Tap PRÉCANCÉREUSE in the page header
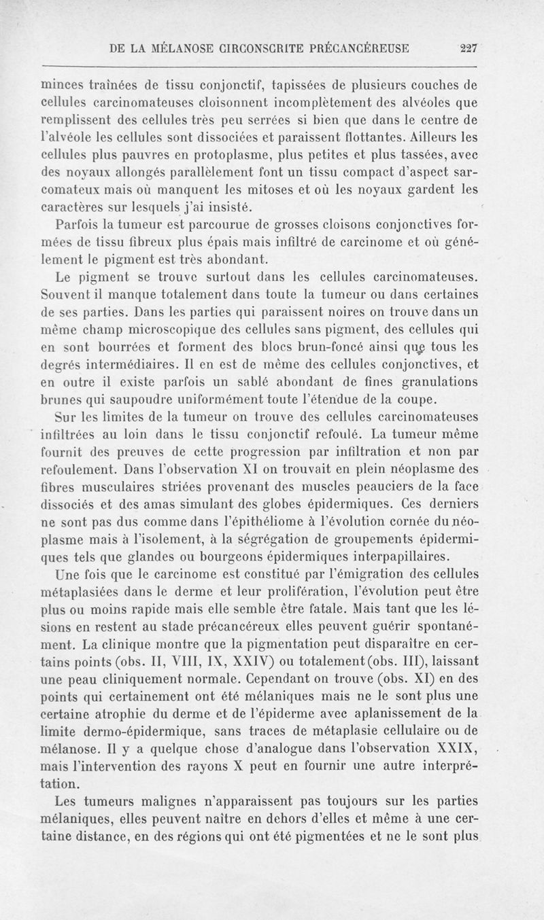364,48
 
